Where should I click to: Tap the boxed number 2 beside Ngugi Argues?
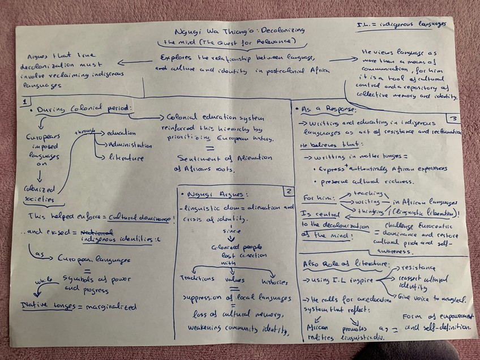click(288, 191)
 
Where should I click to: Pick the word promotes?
click(354, 329)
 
